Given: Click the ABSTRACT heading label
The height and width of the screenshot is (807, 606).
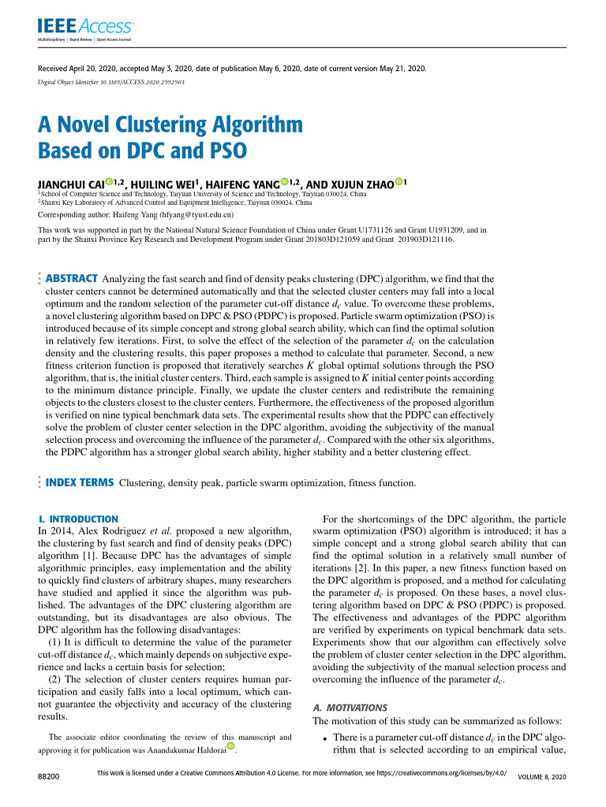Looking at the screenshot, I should [72, 278].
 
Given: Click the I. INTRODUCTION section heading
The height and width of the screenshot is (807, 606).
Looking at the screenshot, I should [78, 519].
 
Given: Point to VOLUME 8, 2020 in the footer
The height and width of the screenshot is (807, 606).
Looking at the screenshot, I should [541, 778].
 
